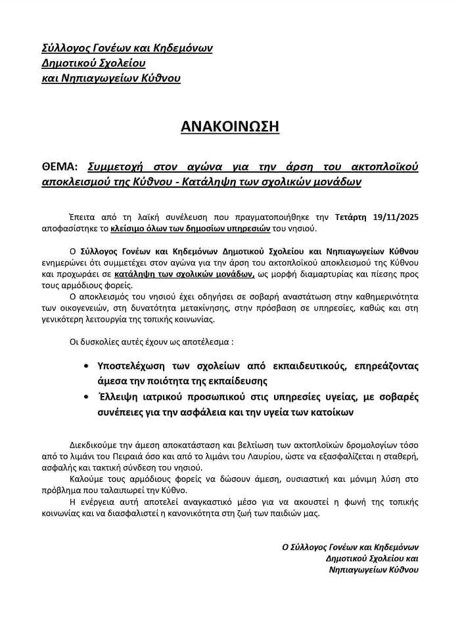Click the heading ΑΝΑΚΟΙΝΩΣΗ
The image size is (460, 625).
coord(230,126)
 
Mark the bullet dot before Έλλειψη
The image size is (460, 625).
coord(88,398)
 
